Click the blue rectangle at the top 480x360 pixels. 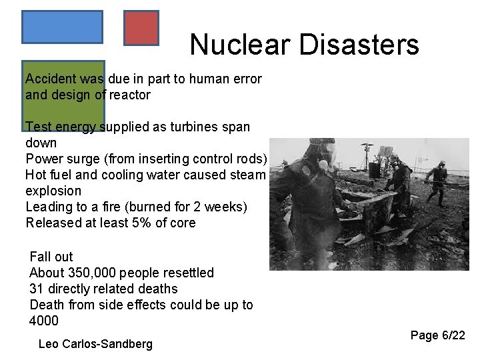(x=62, y=27)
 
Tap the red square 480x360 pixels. (x=141, y=28)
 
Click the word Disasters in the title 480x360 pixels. (x=359, y=45)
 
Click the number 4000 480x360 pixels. (x=44, y=321)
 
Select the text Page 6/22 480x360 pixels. (x=437, y=335)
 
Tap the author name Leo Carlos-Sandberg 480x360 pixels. (x=95, y=344)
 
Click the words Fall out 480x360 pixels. (x=51, y=257)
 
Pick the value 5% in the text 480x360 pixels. (x=126, y=223)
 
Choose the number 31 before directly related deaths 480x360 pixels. (x=36, y=289)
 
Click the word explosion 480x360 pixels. (x=53, y=191)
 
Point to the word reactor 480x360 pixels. (x=130, y=95)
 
